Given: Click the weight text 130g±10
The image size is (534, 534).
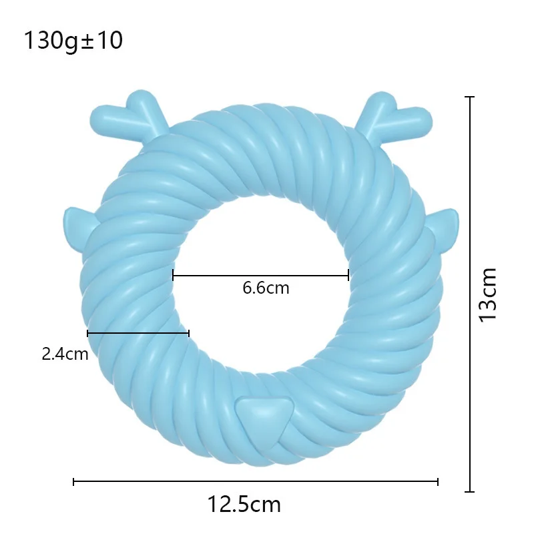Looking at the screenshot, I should [x=73, y=41].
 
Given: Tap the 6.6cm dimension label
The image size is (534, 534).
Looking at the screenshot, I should [x=266, y=288].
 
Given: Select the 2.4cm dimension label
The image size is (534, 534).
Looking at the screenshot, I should [x=65, y=354].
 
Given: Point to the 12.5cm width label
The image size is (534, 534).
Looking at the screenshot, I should [x=244, y=504].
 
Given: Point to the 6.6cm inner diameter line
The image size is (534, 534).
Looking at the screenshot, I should [x=260, y=274].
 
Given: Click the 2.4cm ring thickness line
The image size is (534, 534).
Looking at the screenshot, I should [x=138, y=332].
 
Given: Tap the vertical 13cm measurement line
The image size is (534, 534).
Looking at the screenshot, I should [x=471, y=294].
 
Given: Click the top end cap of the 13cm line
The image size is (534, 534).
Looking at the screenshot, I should [x=471, y=97].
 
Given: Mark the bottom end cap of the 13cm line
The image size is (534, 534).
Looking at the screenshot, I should [x=471, y=491].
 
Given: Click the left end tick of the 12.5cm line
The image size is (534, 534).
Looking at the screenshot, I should [x=73, y=481].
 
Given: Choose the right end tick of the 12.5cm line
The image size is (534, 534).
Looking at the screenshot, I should [x=438, y=481].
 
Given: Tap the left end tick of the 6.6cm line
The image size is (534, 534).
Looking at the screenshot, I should [x=173, y=274].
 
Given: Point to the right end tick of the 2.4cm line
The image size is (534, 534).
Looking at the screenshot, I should [x=189, y=332].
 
